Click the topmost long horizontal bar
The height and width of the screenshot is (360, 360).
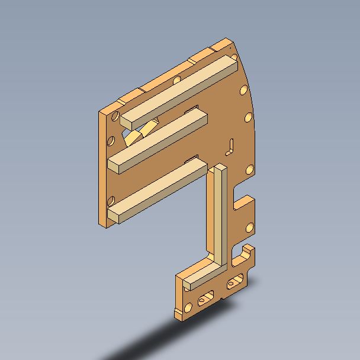pos(178,89)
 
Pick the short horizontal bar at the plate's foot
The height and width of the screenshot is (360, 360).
pos(204,274)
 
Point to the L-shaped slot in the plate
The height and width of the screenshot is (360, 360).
pos(231,145)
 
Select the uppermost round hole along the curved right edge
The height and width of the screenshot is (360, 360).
pos(243,91)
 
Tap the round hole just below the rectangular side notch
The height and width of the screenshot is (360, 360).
pos(250,226)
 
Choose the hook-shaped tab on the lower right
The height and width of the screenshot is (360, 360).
pos(247,256)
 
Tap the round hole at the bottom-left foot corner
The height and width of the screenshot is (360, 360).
pos(188,307)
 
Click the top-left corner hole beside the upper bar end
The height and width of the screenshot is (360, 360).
pos(117,116)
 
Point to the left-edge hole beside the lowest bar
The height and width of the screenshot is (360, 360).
pos(112,200)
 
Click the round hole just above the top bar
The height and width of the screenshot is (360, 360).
pos(176,79)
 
